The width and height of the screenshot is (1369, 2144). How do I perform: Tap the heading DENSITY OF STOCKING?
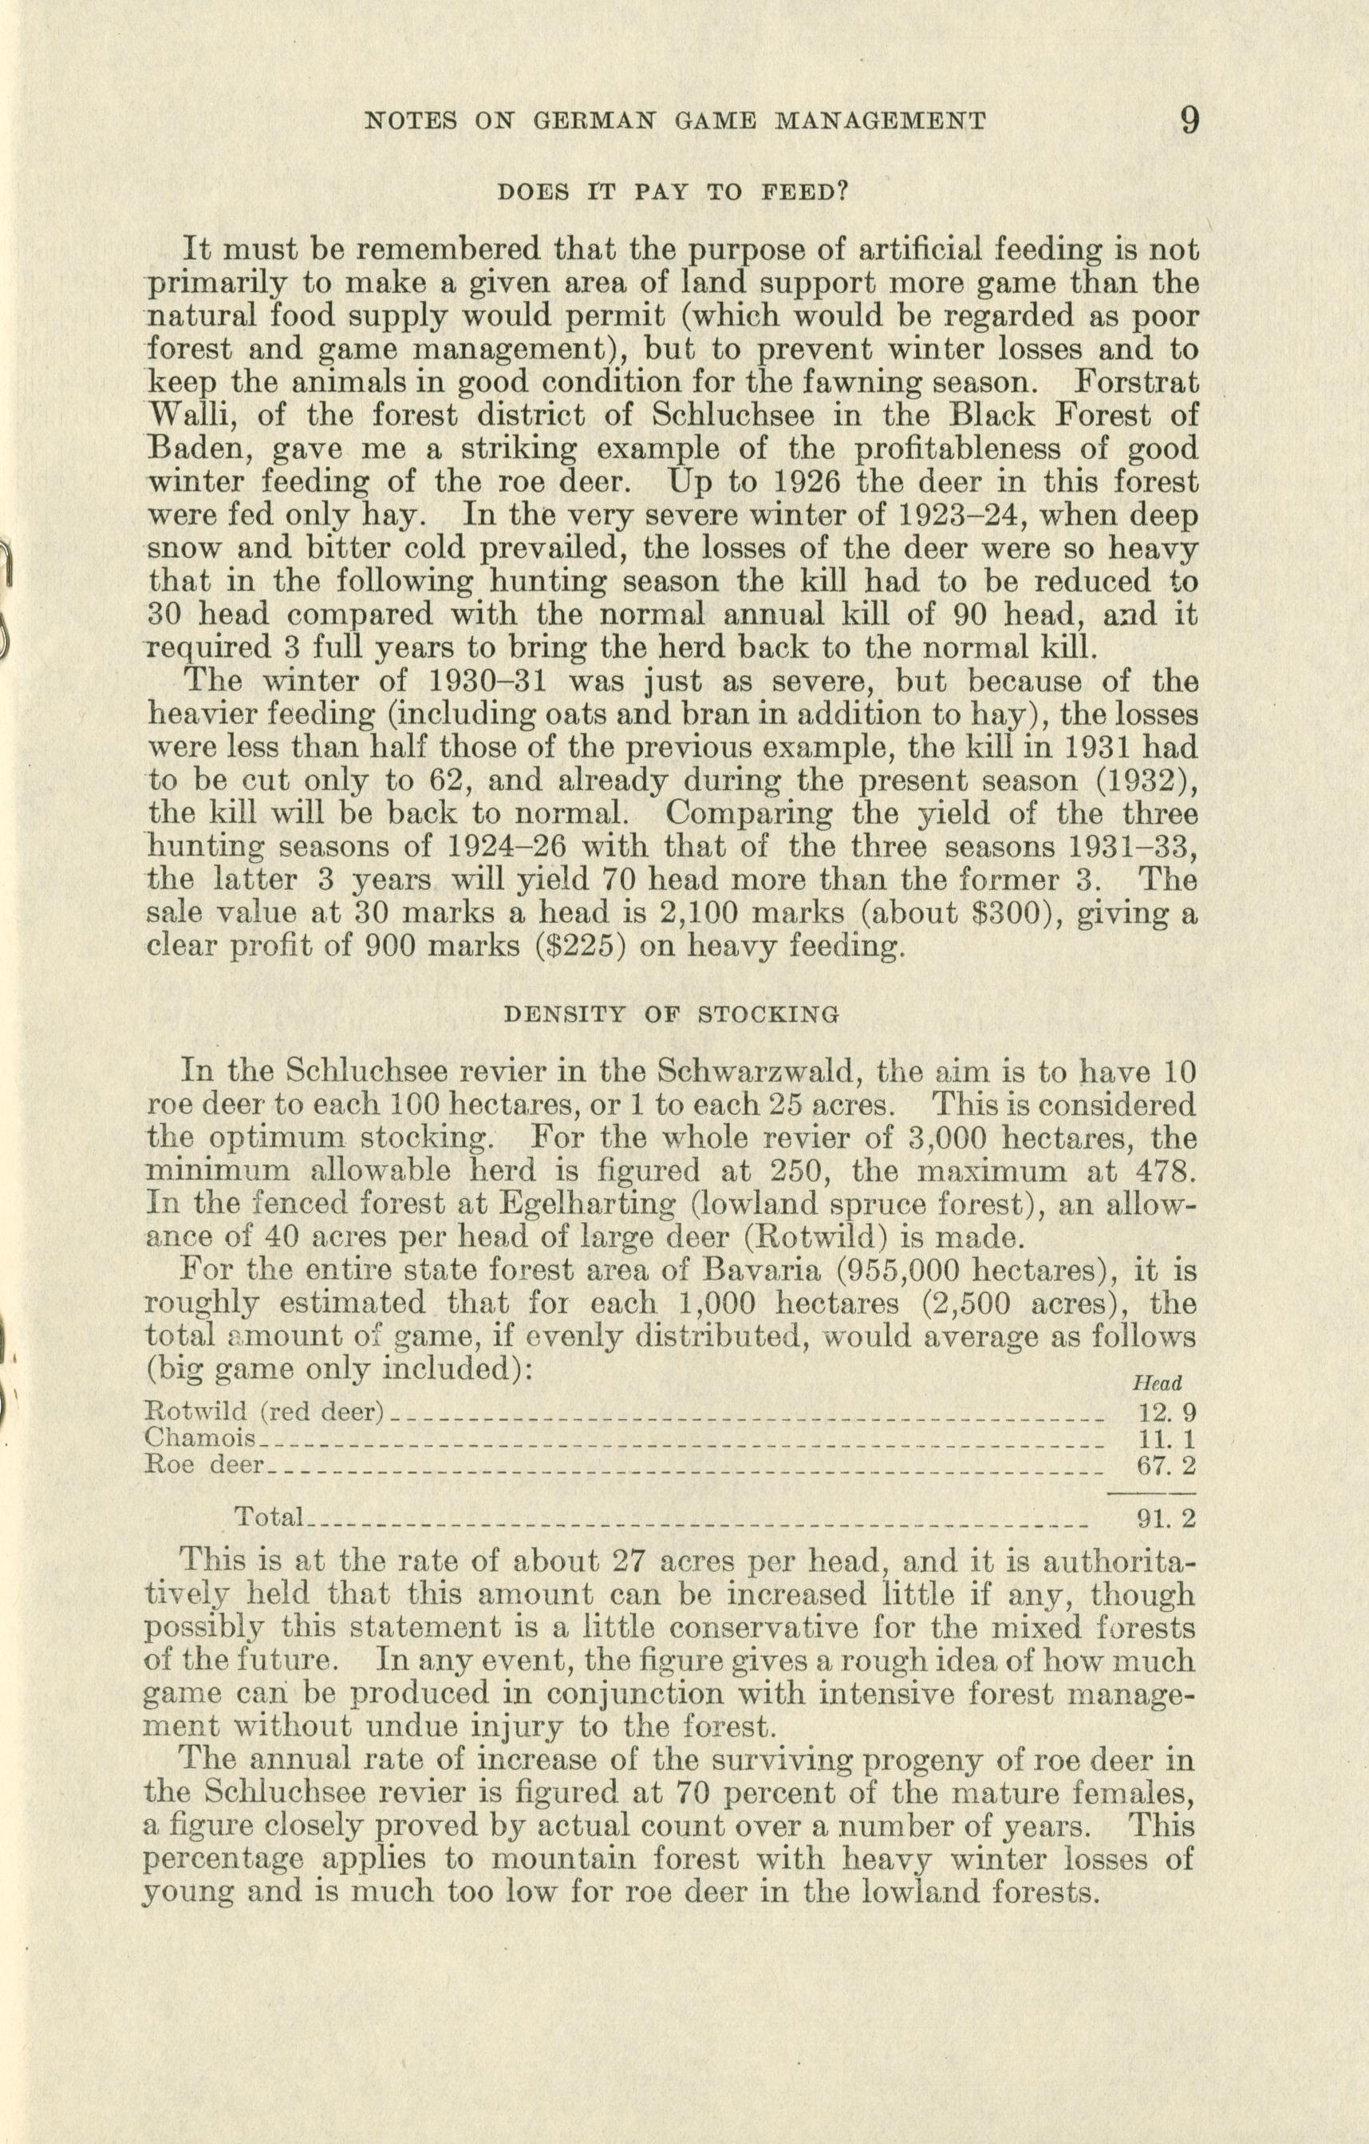(671, 1013)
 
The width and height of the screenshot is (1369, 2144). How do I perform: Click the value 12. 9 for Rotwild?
(1167, 1413)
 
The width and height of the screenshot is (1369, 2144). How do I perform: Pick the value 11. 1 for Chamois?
(1167, 1439)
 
